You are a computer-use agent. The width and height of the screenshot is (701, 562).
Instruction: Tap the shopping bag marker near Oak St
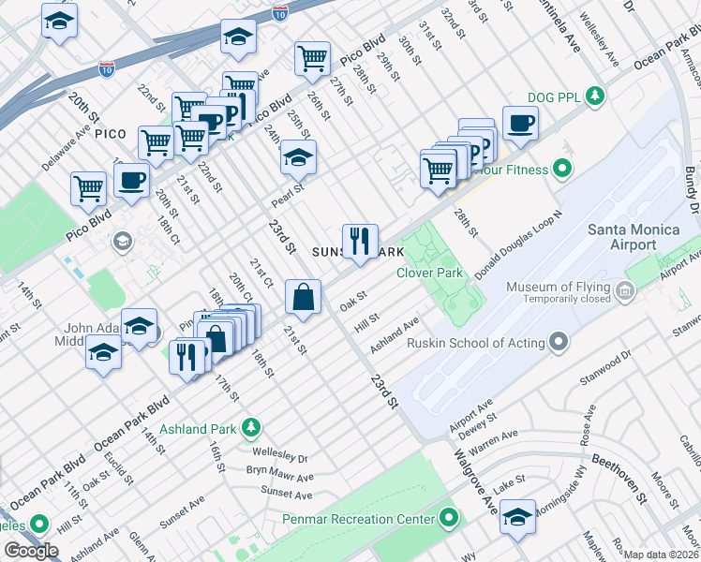[x=304, y=298]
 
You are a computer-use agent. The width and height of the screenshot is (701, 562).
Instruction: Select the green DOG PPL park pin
[x=593, y=95]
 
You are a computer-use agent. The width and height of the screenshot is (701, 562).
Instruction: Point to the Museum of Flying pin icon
[x=625, y=294]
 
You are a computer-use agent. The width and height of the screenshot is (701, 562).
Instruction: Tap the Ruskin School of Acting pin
[x=559, y=343]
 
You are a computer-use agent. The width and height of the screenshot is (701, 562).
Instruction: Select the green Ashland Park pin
[x=250, y=429]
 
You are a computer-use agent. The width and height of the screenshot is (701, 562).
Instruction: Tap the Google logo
[x=32, y=551]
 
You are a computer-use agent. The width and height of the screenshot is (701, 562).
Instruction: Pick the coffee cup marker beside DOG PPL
[x=520, y=122]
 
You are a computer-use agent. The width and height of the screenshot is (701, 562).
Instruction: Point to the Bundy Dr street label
[x=691, y=178]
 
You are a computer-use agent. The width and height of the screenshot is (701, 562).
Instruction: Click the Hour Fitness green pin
[x=561, y=170]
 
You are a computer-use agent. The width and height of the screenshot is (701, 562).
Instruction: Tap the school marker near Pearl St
[x=299, y=156]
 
